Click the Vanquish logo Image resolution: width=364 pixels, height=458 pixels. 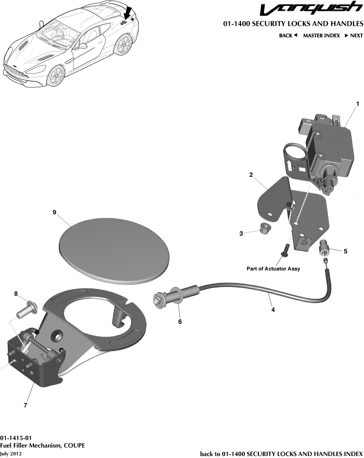tap(311, 9)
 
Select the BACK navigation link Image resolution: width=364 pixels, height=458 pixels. tap(288, 35)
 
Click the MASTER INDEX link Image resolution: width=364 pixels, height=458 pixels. tap(321, 35)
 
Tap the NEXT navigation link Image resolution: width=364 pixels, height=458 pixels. tap(354, 35)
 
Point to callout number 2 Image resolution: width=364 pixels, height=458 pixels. tap(251, 175)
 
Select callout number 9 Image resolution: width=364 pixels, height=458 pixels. tap(55, 212)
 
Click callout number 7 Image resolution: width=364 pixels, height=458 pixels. tap(25, 406)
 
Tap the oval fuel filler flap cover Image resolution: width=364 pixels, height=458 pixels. tap(114, 251)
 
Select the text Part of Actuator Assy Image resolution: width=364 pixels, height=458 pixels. tap(273, 269)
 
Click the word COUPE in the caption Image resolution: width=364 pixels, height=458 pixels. tap(74, 445)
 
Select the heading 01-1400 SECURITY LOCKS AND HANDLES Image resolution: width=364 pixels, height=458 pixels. tap(293, 24)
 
